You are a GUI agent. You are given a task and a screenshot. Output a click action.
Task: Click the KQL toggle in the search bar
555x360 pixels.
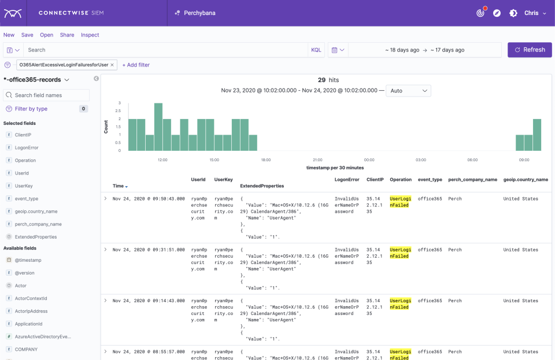click(316, 50)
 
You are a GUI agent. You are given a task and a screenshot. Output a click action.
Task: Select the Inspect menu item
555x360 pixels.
click(90, 35)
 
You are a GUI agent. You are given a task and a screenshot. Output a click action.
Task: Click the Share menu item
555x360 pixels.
click(67, 35)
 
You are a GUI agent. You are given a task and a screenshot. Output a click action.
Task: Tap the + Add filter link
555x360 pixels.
click(136, 65)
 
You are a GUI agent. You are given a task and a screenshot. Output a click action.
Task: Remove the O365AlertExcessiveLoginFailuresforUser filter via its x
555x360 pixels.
click(112, 65)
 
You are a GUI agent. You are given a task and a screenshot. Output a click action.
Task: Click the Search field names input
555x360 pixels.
click(46, 95)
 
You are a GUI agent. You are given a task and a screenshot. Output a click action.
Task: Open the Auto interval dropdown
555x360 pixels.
click(408, 91)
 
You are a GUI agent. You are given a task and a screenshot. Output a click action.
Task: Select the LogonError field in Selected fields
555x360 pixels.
click(27, 147)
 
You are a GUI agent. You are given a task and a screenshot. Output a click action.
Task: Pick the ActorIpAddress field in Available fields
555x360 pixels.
click(31, 311)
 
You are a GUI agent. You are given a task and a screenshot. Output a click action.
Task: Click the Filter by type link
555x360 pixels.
click(31, 109)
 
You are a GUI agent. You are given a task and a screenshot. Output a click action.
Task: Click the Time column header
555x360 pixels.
click(119, 186)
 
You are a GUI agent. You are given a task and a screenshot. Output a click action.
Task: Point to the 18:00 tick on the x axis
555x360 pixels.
click(265, 159)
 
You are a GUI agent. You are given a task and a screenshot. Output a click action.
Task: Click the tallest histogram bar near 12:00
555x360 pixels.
click(158, 127)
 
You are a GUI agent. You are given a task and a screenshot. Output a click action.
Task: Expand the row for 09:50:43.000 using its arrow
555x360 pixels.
click(105, 198)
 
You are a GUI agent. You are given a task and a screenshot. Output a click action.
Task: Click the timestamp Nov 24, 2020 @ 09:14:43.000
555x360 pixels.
click(149, 300)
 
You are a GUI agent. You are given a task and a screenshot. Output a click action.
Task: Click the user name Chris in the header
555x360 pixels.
click(531, 13)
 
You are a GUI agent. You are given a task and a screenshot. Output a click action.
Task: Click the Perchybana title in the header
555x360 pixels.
click(199, 13)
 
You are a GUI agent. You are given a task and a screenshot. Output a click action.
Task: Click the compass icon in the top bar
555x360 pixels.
click(497, 13)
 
